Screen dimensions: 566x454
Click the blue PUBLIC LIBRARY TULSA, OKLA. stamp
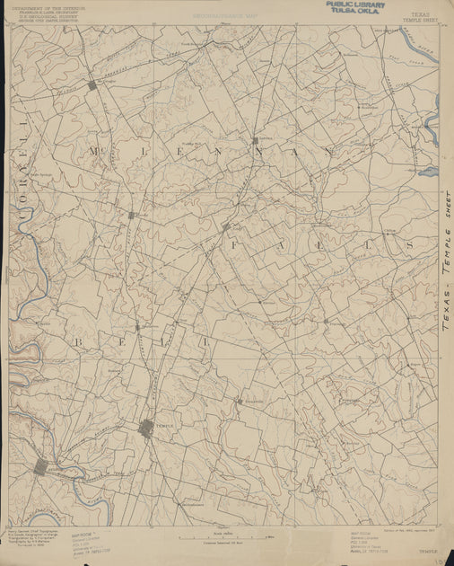tap(356, 8)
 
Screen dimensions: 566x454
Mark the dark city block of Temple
tap(147, 429)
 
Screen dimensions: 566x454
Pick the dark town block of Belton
tap(41, 467)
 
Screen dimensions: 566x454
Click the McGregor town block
tap(92, 84)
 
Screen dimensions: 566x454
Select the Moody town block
tap(131, 216)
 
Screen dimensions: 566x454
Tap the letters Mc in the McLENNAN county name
tap(97, 153)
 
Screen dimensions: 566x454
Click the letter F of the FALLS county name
tap(233, 244)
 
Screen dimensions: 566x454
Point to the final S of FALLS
tap(408, 244)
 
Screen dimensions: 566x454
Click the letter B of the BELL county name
tap(79, 342)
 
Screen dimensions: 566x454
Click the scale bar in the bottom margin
tap(212, 536)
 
